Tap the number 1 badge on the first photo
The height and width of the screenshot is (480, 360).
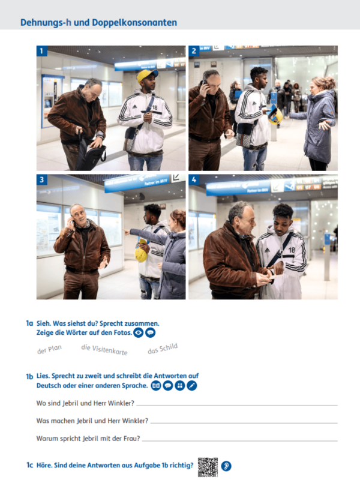tap(41, 51)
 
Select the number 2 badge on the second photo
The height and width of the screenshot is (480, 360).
tap(194, 51)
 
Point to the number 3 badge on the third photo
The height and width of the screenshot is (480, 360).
tap(41, 179)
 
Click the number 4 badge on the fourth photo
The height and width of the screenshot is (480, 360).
tap(194, 179)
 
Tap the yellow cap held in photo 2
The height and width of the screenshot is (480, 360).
tap(275, 116)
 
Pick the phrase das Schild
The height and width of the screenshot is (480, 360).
tap(163, 349)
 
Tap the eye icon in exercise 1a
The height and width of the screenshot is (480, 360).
tap(138, 332)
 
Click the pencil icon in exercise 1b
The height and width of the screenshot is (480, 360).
tap(192, 386)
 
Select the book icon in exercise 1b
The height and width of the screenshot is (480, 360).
tap(156, 386)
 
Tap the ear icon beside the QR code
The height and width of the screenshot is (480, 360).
tap(226, 466)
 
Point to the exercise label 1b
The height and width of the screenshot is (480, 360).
tap(29, 377)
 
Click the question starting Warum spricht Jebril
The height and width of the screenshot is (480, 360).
tap(88, 438)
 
